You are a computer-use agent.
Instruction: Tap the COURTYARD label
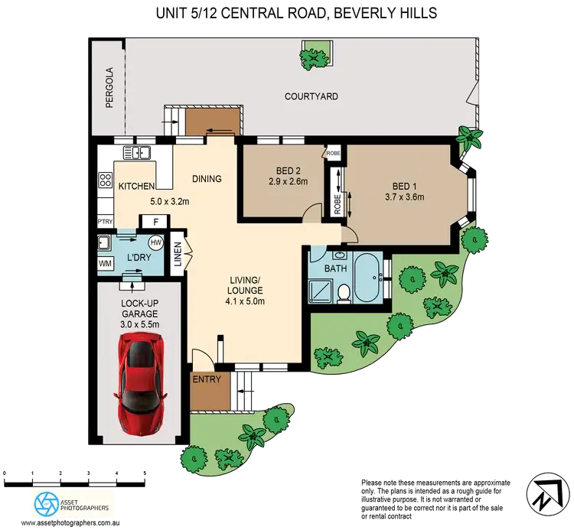pyautogui.click(x=311, y=97)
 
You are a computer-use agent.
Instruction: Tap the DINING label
pyautogui.click(x=207, y=180)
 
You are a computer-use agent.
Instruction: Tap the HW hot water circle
pyautogui.click(x=155, y=242)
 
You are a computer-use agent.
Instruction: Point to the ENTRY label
pyautogui.click(x=207, y=380)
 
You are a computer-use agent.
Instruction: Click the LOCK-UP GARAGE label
pyautogui.click(x=139, y=308)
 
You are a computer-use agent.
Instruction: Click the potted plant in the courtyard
pyautogui.click(x=312, y=54)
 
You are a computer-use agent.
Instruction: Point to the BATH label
pyautogui.click(x=335, y=268)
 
